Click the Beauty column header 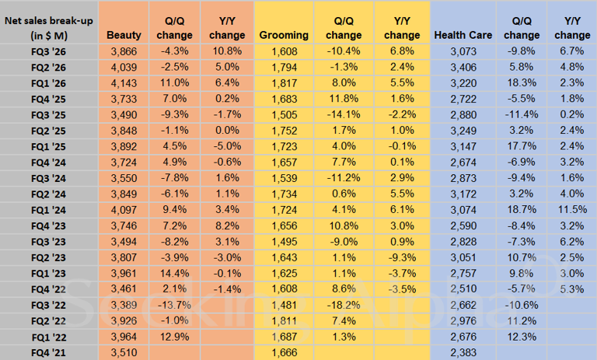pos(124,35)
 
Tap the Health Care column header pos(463,35)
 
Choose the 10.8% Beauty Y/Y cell pos(228,50)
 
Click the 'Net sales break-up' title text pos(47,21)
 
